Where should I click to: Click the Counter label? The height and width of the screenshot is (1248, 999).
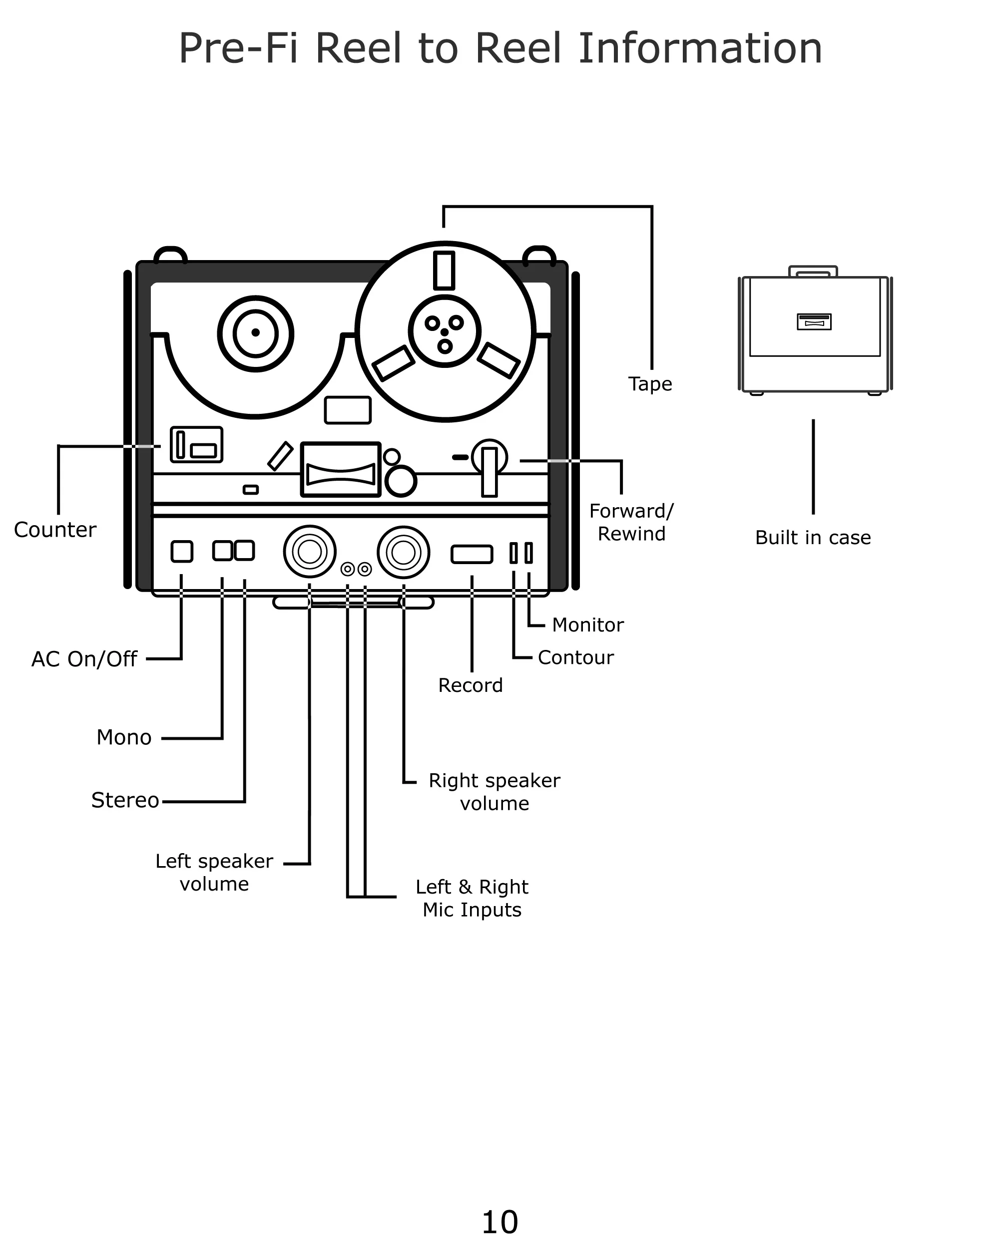(x=55, y=530)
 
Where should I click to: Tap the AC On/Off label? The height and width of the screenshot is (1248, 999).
(x=84, y=659)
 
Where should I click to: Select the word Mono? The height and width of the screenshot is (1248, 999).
(x=124, y=737)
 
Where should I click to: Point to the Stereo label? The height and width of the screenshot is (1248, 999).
(x=124, y=800)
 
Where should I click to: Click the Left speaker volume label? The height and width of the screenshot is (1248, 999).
(x=214, y=872)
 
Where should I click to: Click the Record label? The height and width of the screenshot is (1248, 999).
(x=470, y=685)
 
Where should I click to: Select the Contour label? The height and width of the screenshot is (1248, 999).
(x=575, y=657)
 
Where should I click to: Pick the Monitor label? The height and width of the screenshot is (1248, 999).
(x=587, y=625)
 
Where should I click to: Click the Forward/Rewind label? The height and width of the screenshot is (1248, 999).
(x=631, y=522)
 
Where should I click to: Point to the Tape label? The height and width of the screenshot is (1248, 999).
(x=650, y=384)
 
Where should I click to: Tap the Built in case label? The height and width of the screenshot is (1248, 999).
(x=813, y=538)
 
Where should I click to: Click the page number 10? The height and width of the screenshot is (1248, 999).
(x=499, y=1223)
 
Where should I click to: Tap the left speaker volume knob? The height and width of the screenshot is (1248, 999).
(x=309, y=552)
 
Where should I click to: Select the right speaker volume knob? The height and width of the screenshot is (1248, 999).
(x=403, y=552)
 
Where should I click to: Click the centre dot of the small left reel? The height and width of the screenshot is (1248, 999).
(x=255, y=332)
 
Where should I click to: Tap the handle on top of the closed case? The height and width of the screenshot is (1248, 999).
(x=813, y=271)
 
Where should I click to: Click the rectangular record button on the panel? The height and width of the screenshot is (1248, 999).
(x=472, y=554)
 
